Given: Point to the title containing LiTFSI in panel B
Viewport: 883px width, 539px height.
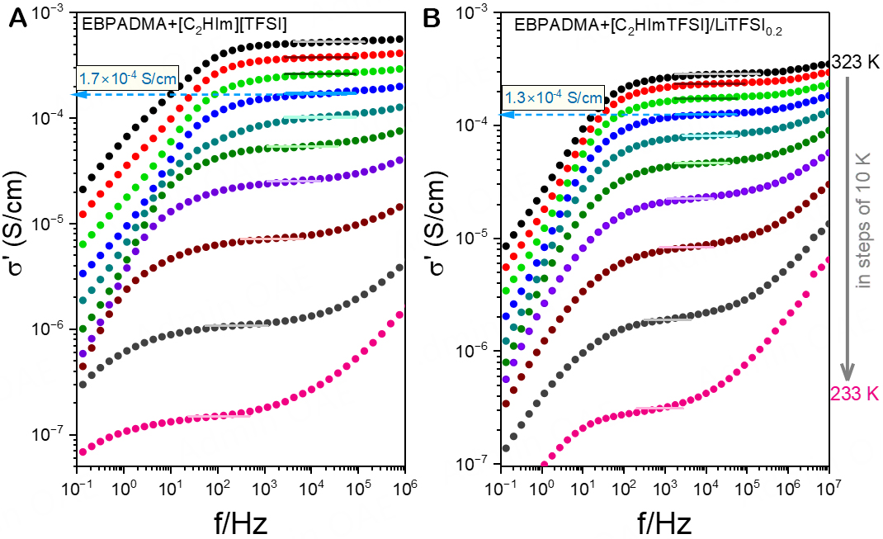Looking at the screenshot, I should pyautogui.click(x=648, y=27).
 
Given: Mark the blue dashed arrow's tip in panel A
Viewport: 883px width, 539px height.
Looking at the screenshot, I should pyautogui.click(x=76, y=94).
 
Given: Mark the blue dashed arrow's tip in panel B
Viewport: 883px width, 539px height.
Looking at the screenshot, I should pyautogui.click(x=503, y=115).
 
